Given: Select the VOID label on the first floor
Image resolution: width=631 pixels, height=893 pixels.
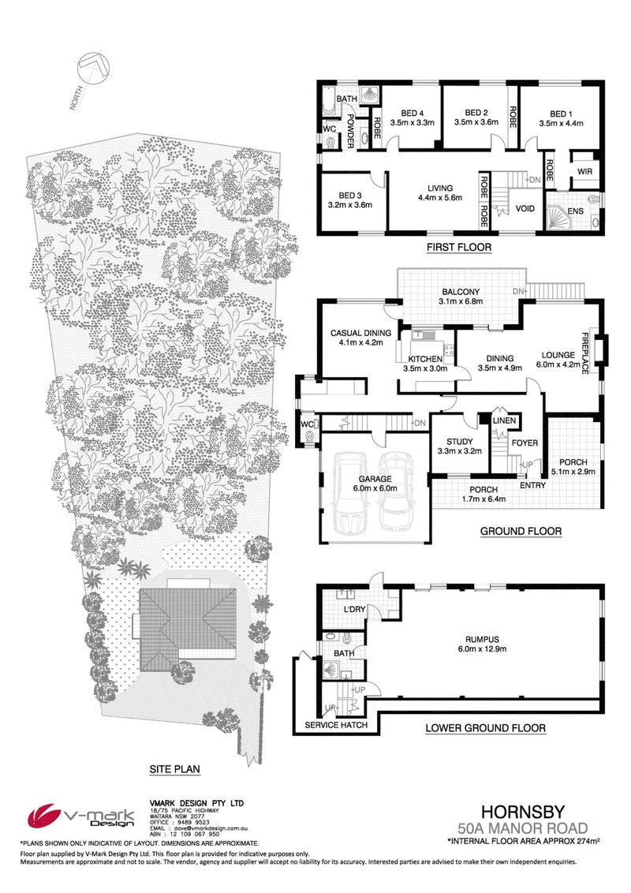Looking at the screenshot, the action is tap(525, 208).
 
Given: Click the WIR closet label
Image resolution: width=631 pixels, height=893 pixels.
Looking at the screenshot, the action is tap(585, 171).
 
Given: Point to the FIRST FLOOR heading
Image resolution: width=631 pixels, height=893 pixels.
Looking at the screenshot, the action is tap(459, 247).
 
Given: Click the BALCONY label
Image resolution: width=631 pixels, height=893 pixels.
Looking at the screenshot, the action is tap(461, 292).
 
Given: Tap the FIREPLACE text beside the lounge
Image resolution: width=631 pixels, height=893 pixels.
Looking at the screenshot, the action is tap(585, 353).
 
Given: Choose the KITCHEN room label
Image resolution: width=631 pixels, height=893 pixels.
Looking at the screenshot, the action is tap(425, 359).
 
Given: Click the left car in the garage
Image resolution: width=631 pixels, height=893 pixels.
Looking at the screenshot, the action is tap(349, 493).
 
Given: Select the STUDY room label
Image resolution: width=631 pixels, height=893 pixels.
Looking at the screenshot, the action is tap(460, 442).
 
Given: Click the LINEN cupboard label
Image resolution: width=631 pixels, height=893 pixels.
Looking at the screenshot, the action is tap(505, 421).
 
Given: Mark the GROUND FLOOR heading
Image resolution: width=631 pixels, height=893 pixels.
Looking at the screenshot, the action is tap(521, 532).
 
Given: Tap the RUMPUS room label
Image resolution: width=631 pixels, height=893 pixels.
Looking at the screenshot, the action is tap(483, 640).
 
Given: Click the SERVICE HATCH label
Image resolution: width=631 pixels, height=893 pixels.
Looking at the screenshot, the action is tap(336, 725).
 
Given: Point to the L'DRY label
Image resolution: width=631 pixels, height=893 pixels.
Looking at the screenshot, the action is tap(354, 609).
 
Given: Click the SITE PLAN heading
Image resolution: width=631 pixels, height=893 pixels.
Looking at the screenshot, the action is tap(175, 769).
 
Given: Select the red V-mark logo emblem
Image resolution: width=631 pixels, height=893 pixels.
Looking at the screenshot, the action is tap(44, 816).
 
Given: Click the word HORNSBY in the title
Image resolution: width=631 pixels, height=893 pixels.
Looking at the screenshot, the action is tap(523, 812).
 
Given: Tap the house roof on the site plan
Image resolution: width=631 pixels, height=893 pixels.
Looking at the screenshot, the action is tap(188, 624).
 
